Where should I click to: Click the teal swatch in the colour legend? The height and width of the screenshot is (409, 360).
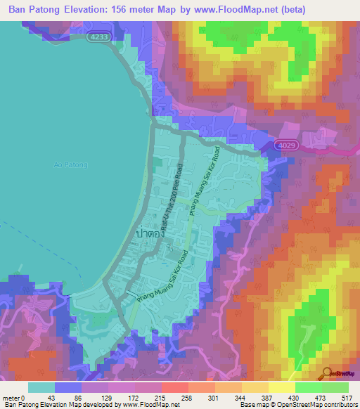pos(41,388)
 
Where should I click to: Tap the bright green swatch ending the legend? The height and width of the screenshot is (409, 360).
pos(335,388)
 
